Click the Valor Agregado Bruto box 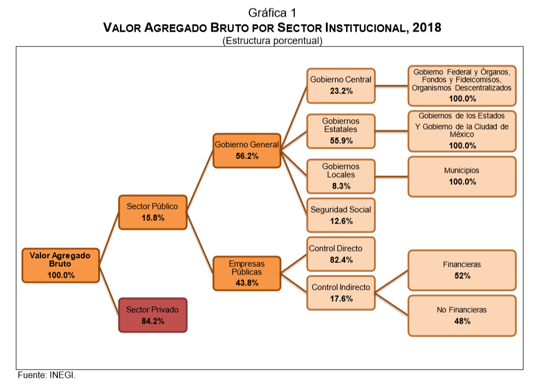point(61,265)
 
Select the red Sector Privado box point(152,315)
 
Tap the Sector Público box point(152,212)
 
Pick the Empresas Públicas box point(247,273)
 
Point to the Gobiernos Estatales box point(341,130)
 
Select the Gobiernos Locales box point(341,176)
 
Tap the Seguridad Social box point(341,215)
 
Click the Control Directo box point(341,254)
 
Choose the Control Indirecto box point(341,293)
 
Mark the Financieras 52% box point(462,270)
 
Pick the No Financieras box point(462,315)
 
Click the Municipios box point(462,176)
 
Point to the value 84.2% point(152,321)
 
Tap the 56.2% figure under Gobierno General point(247,156)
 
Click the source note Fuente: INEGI point(46,376)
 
